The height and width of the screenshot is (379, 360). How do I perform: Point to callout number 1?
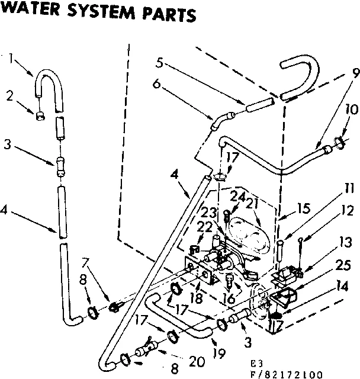click(10, 58)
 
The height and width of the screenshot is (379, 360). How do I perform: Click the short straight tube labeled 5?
click(258, 107)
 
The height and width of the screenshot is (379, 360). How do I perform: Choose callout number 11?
click(349, 189)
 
